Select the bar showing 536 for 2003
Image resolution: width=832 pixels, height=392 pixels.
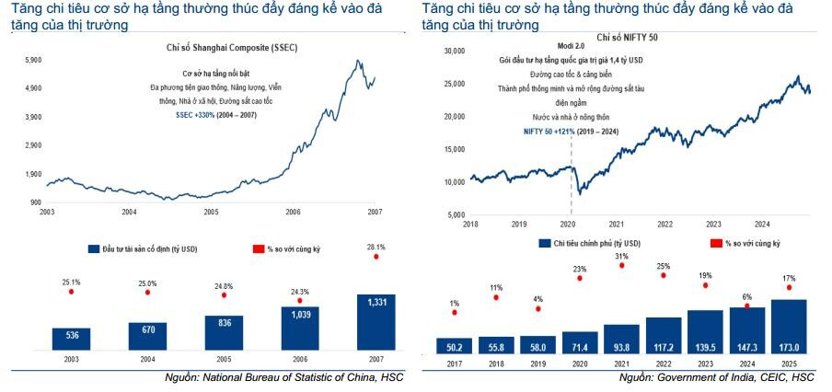[72, 339]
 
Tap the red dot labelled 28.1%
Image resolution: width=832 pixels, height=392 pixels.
[375, 258]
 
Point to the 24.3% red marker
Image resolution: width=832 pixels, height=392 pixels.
[299, 301]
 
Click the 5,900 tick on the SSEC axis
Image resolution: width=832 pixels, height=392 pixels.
[32, 60]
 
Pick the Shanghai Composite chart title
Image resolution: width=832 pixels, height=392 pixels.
[212, 46]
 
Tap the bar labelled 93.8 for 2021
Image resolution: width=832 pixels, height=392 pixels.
[621, 340]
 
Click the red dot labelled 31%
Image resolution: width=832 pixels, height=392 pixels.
[621, 266]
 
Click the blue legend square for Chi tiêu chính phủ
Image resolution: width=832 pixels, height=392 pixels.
[544, 242]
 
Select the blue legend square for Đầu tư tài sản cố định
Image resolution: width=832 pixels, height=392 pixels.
[93, 248]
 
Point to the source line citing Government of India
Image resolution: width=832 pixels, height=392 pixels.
[716, 377]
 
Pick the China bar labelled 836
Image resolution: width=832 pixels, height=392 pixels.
[224, 334]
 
